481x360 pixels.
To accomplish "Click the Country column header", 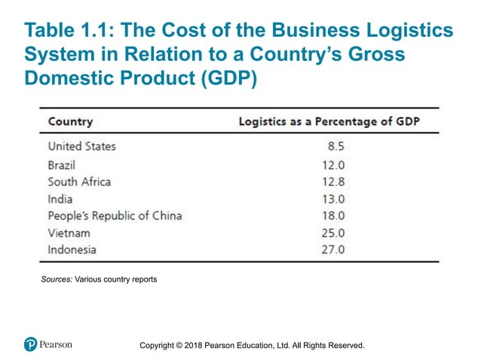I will pos(70,121).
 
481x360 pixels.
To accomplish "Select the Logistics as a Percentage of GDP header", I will pos(329,121).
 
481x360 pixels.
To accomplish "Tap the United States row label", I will pos(81,146).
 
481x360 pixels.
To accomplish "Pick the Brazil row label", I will pos(62,164).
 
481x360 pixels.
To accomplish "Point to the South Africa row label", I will pos(79,182).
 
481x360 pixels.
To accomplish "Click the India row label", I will pos(60,199).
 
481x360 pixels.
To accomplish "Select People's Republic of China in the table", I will pos(115,216).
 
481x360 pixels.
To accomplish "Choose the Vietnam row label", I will pos(69,233).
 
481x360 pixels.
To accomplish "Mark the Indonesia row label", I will pos(72,250).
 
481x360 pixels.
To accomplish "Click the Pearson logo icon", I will pos(30,345).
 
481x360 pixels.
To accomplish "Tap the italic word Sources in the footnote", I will pos(57,280).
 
